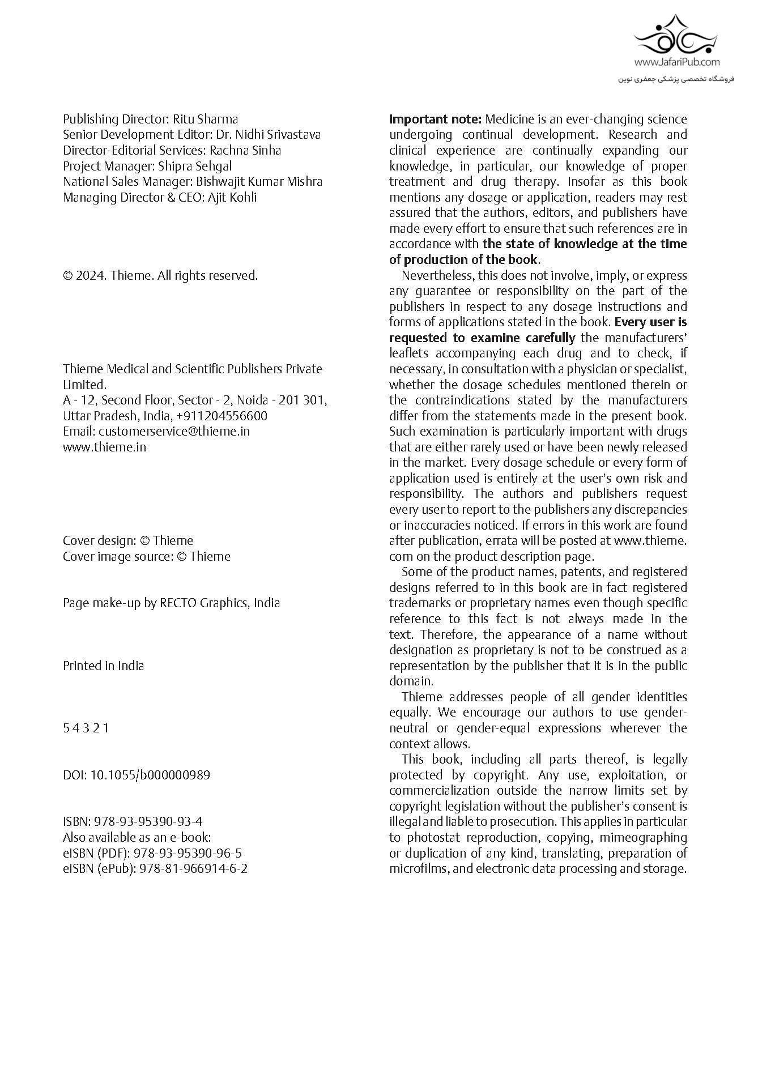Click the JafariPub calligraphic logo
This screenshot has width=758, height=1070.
pos(676,35)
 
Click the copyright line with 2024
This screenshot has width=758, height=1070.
pos(160,275)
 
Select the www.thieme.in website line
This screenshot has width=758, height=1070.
pos(104,447)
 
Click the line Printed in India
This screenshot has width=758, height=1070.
pos(103,666)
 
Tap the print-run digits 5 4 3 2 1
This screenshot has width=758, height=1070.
pos(86,728)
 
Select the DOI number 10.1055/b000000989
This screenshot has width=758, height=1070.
pos(150,775)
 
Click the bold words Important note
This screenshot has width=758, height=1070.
pos(435,119)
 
